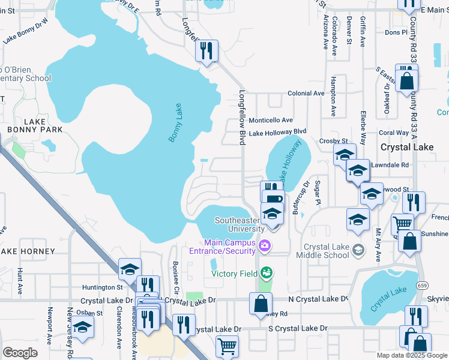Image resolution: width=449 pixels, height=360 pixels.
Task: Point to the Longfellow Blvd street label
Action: (243, 118)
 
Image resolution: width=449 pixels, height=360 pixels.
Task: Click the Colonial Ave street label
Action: (306, 94)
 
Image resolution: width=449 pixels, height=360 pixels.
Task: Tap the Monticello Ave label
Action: (271, 120)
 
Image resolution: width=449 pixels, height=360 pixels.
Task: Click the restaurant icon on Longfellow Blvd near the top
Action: (206, 52)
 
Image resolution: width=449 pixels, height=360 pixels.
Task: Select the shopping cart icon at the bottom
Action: (227, 346)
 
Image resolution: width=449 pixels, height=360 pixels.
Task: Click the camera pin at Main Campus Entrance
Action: (264, 245)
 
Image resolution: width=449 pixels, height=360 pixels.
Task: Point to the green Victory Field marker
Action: (267, 273)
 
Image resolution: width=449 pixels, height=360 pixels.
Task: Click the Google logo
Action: (20, 352)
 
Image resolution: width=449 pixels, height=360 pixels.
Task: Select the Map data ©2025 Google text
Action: (412, 355)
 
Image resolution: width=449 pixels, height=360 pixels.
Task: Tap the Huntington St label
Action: (98, 287)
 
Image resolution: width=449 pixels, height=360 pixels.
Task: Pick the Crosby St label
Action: (337, 140)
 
